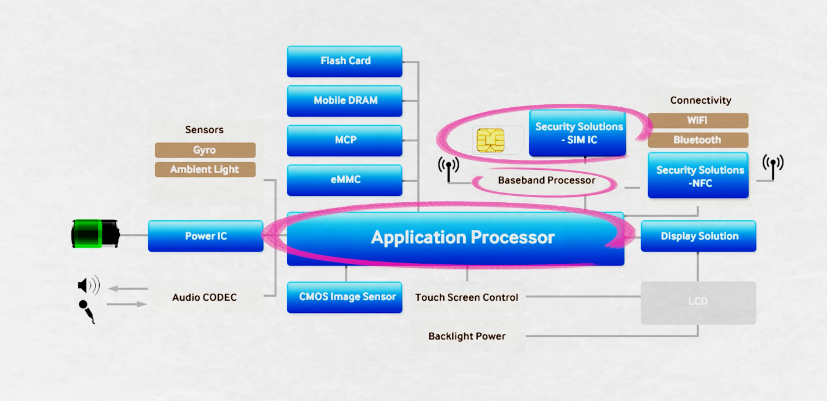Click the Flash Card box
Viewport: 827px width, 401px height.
(x=344, y=61)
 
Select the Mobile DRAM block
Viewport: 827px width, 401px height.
(x=344, y=101)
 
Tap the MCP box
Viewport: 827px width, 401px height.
(x=344, y=140)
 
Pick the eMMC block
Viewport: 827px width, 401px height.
(x=344, y=180)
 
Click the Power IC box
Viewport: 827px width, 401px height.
(x=206, y=236)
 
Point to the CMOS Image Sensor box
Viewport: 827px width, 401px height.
(x=344, y=297)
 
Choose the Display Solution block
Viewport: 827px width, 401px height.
(x=698, y=236)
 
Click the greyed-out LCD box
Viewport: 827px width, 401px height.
(x=698, y=302)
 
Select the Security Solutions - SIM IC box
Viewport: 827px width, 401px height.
(x=578, y=133)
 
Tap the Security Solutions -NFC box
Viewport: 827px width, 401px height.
(x=698, y=176)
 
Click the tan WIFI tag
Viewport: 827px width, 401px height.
(x=698, y=121)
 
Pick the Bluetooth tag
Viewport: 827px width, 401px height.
(x=698, y=140)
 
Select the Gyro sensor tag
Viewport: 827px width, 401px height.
(x=205, y=150)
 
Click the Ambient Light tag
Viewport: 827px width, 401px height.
(x=205, y=170)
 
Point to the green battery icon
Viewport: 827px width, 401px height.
(x=95, y=234)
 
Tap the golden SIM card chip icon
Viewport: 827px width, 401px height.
(x=490, y=140)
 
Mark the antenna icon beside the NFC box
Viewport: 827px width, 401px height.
(x=773, y=167)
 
